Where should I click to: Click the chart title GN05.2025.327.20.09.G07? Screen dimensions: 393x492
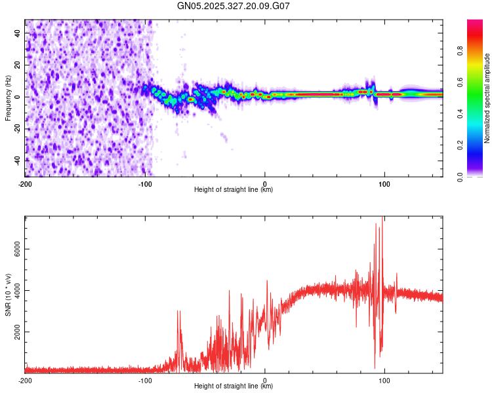[x=234, y=6]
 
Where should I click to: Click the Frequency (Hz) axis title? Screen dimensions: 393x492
[x=8, y=98]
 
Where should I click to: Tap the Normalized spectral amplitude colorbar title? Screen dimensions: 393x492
[x=487, y=98]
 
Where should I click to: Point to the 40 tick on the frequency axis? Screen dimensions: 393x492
[x=18, y=33]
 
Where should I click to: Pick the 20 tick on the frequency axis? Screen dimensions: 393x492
[x=18, y=65]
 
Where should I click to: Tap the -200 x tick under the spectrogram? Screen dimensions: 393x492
[x=26, y=183]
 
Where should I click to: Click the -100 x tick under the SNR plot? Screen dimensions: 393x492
[x=145, y=380]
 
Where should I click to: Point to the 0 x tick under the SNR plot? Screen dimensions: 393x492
[x=265, y=380]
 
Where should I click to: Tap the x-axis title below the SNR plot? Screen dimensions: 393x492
[x=234, y=386]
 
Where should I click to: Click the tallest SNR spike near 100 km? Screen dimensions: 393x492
[x=382, y=218]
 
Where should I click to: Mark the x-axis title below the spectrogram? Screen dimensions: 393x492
[x=234, y=189]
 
